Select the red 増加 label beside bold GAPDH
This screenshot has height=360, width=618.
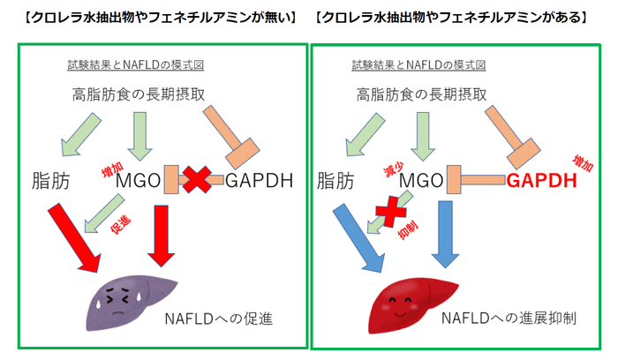(584, 160)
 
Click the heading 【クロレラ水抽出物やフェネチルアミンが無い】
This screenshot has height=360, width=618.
(154, 18)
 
